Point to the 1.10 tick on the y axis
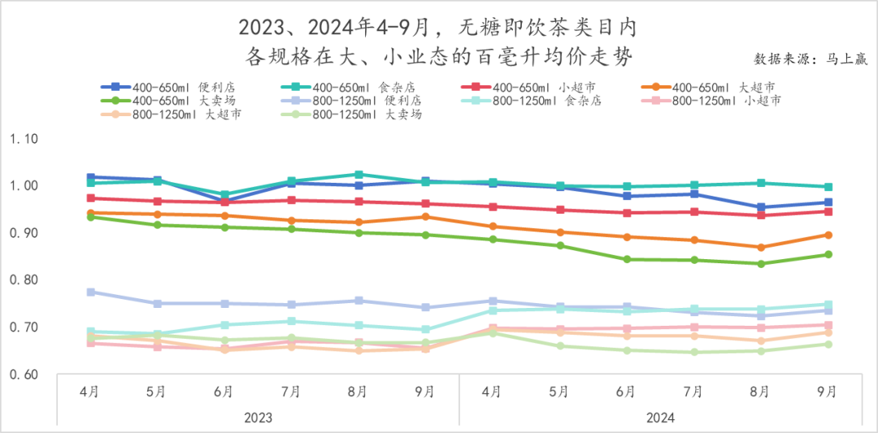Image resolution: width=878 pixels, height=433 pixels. pyautogui.click(x=24, y=139)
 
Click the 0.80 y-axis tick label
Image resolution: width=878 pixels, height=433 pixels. pyautogui.click(x=24, y=280)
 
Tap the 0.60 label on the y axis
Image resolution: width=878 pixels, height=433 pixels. pyautogui.click(x=24, y=375)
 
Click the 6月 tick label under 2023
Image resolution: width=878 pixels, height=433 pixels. pyautogui.click(x=224, y=392)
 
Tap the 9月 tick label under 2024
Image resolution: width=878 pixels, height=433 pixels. pyautogui.click(x=828, y=392)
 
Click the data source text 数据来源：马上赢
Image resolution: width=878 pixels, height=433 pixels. pyautogui.click(x=810, y=59)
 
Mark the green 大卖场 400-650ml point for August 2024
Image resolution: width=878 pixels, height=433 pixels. pyautogui.click(x=761, y=263)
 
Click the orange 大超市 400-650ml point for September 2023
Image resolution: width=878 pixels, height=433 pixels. pyautogui.click(x=425, y=217)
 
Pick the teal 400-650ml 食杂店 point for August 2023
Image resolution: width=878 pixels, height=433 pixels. pyautogui.click(x=359, y=175)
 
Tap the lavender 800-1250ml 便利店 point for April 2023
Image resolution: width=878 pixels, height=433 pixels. pyautogui.click(x=90, y=292)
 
